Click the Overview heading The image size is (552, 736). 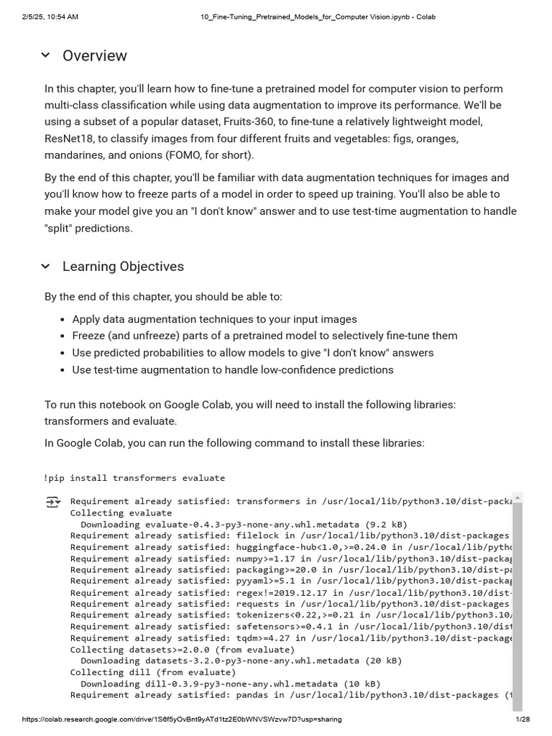pos(94,56)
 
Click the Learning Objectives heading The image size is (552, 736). pos(123,267)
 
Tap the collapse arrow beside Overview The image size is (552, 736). pos(46,55)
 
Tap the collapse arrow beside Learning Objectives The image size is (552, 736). pos(46,267)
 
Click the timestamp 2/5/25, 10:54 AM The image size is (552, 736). pos(50,17)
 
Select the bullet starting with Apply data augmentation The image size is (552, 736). pos(214,319)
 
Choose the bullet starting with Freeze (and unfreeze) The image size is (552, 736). pos(264,336)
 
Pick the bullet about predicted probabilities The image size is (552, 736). pos(252,353)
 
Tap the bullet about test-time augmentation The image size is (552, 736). pos(233,370)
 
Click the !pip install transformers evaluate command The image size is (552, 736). pos(134,478)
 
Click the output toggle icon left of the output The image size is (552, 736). pos(53,502)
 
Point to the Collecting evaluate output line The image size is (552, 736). pos(121,512)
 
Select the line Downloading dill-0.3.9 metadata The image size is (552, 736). pos(230,684)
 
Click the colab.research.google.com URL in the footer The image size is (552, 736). pos(182,719)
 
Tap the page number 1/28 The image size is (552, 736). pos(523,719)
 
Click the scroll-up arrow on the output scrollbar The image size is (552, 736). pos(517,497)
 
